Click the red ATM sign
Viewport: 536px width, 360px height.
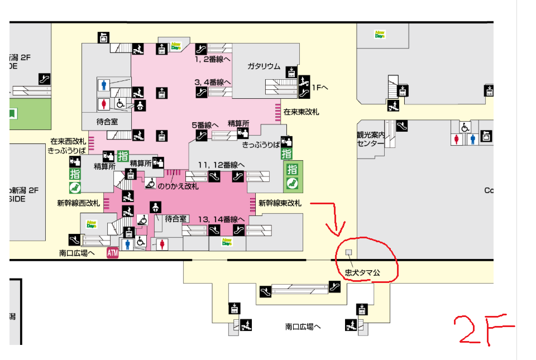click(113, 253)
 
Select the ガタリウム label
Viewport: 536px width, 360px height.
click(264, 66)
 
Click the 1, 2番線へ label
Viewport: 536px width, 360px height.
click(213, 58)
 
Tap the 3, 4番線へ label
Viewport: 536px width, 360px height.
click(213, 82)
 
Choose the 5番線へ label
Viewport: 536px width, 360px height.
click(205, 125)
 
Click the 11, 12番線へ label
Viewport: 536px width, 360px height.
click(222, 165)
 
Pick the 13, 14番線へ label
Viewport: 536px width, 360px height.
click(222, 218)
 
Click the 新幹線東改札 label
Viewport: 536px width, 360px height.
click(280, 203)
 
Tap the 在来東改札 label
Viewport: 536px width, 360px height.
click(301, 112)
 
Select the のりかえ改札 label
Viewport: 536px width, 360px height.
click(178, 186)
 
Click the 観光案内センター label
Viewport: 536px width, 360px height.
click(371, 139)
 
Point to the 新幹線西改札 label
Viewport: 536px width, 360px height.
click(79, 203)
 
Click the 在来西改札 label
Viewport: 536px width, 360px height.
click(68, 141)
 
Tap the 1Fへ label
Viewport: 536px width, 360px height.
click(320, 88)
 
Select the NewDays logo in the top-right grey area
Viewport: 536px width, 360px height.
click(381, 34)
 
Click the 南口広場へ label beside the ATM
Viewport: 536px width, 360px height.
click(77, 253)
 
